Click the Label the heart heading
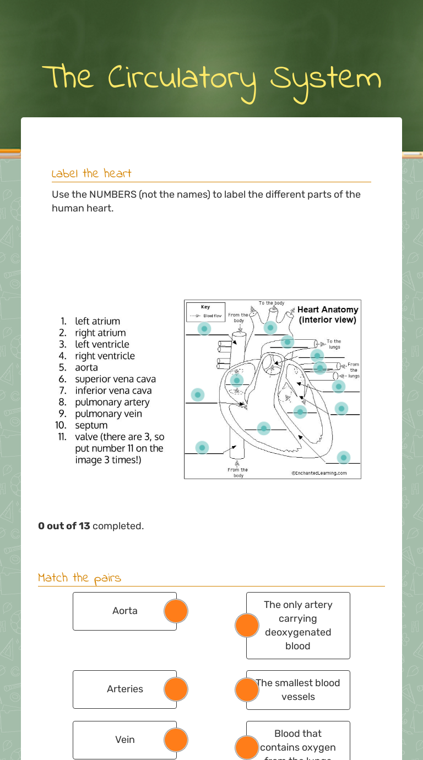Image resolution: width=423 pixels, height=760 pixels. coord(91,173)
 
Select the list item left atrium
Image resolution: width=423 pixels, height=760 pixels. coord(97,321)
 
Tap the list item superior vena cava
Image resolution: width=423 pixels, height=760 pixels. coord(115,379)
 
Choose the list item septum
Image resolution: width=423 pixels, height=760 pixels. coord(91,425)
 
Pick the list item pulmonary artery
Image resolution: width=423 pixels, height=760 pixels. coord(112,402)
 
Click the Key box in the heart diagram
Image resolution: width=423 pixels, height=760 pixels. coord(205,311)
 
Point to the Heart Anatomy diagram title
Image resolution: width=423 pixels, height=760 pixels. coord(328,314)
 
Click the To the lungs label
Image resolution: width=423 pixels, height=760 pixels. coord(334,344)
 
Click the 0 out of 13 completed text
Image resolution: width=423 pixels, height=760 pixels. coord(91,526)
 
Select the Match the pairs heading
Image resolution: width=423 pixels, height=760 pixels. coord(79,578)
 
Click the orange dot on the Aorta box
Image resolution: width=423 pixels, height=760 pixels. coord(176,611)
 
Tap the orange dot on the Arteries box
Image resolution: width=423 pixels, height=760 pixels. coord(176,690)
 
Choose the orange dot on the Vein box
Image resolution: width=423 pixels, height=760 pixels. coord(176,740)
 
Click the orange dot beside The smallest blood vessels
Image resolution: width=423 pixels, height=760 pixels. coord(247,690)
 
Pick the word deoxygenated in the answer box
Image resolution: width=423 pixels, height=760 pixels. coord(298,632)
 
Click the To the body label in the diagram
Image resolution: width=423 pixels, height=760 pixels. coord(272,303)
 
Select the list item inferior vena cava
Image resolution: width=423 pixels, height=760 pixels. coord(113,390)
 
